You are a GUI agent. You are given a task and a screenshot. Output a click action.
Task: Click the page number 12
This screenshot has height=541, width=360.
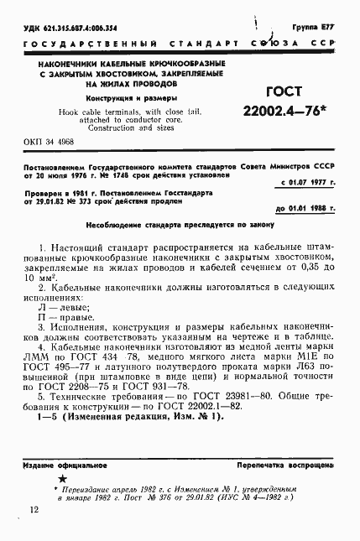click(x=34, y=510)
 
